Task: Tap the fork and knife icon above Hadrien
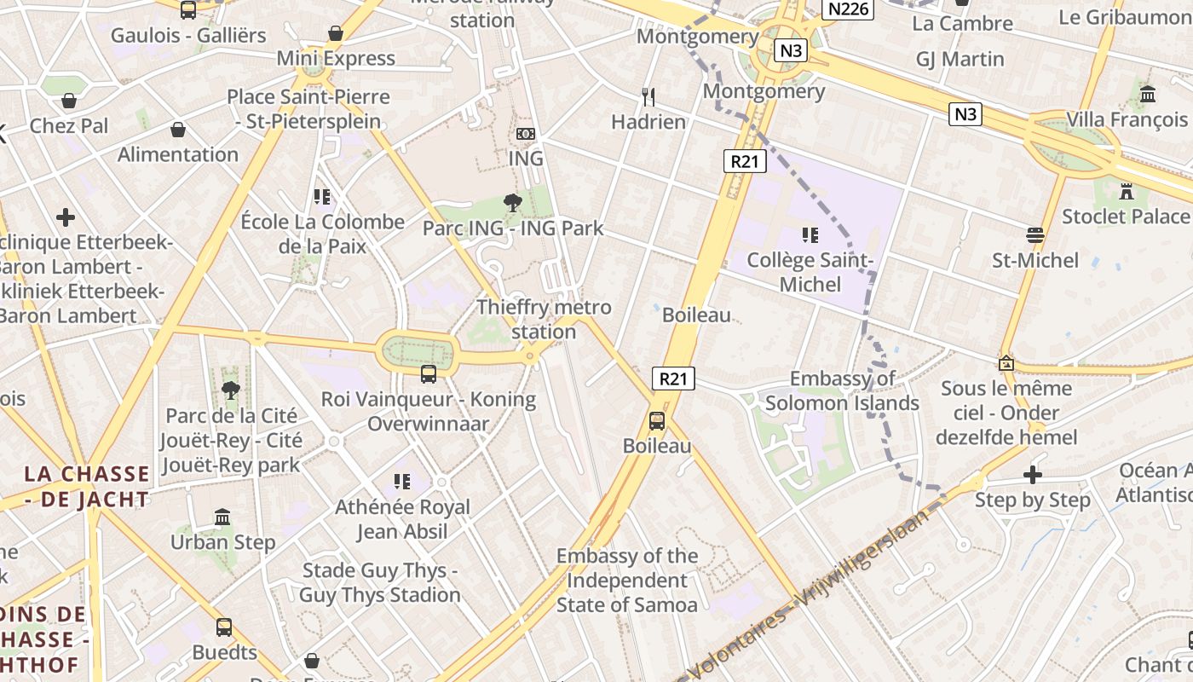(648, 97)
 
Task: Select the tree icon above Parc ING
(513, 203)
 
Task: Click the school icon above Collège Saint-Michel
(810, 234)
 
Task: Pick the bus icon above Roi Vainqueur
(429, 373)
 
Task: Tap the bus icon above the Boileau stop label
(656, 420)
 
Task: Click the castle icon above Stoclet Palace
(1127, 191)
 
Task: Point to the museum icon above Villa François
(1147, 94)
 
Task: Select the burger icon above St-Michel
(1035, 234)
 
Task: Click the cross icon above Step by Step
(1033, 475)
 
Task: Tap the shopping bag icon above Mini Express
(336, 33)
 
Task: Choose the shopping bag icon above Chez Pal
(69, 101)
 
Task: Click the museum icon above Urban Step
(222, 517)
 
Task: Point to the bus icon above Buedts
(224, 627)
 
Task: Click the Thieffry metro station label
(544, 320)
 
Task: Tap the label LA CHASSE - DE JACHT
(86, 487)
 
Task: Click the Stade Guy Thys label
(379, 582)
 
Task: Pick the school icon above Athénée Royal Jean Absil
(401, 483)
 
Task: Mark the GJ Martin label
(960, 59)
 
